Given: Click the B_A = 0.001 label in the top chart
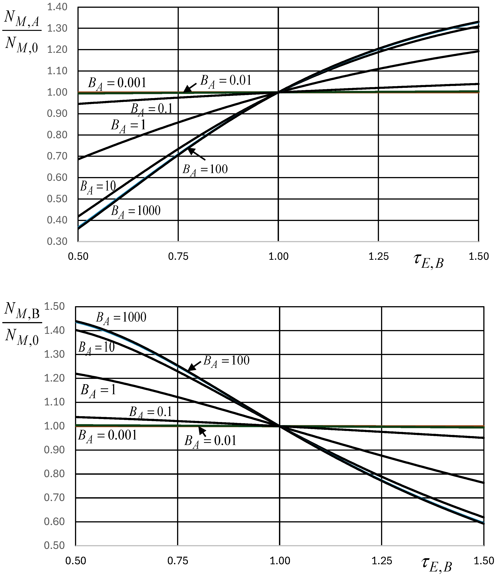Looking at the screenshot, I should pyautogui.click(x=117, y=83).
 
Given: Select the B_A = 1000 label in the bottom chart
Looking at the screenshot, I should pyautogui.click(x=121, y=318).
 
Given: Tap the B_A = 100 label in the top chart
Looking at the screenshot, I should pyautogui.click(x=205, y=169).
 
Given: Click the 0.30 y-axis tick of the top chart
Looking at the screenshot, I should pyautogui.click(x=57, y=241).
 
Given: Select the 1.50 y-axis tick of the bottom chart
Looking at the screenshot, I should pyautogui.click(x=55, y=306).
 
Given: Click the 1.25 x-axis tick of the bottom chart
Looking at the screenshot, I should pyautogui.click(x=382, y=561).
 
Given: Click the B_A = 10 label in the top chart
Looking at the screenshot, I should pyautogui.click(x=98, y=187).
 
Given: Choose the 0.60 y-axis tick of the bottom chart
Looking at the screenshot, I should pyautogui.click(x=55, y=521).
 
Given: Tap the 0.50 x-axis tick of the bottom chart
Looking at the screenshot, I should pyautogui.click(x=76, y=561).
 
